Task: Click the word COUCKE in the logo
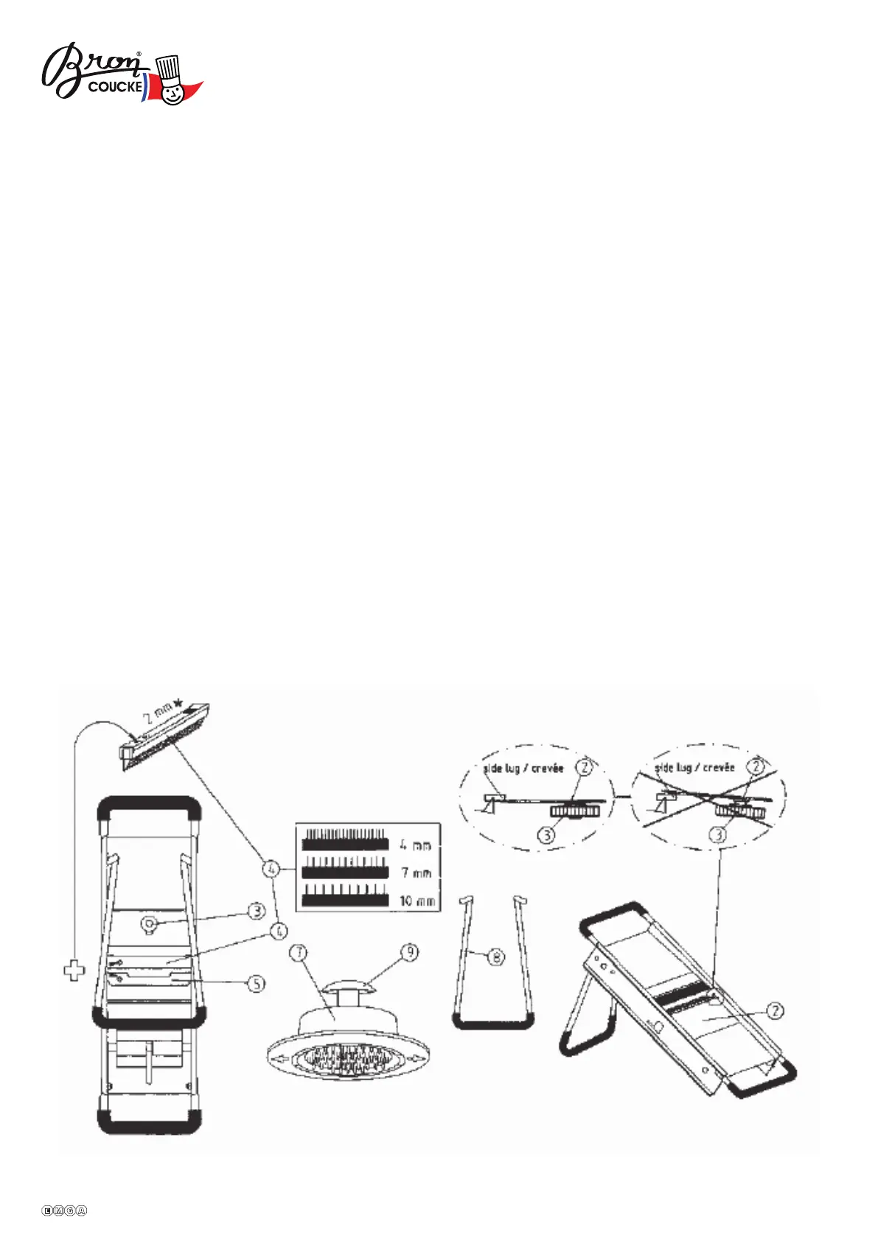[x=115, y=87]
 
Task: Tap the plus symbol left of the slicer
[x=74, y=971]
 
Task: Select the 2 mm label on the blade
[x=158, y=713]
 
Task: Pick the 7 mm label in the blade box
[x=416, y=873]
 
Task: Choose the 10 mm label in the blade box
[x=417, y=901]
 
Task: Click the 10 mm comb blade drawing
[x=345, y=898]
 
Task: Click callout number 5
[x=256, y=983]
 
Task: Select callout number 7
[x=299, y=953]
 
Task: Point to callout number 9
[x=409, y=952]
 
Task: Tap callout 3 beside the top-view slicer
[x=256, y=912]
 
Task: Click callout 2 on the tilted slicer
[x=775, y=1010]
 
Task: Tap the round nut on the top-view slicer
[x=147, y=923]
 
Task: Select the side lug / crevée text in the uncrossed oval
[x=523, y=768]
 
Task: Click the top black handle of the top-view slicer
[x=150, y=804]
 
